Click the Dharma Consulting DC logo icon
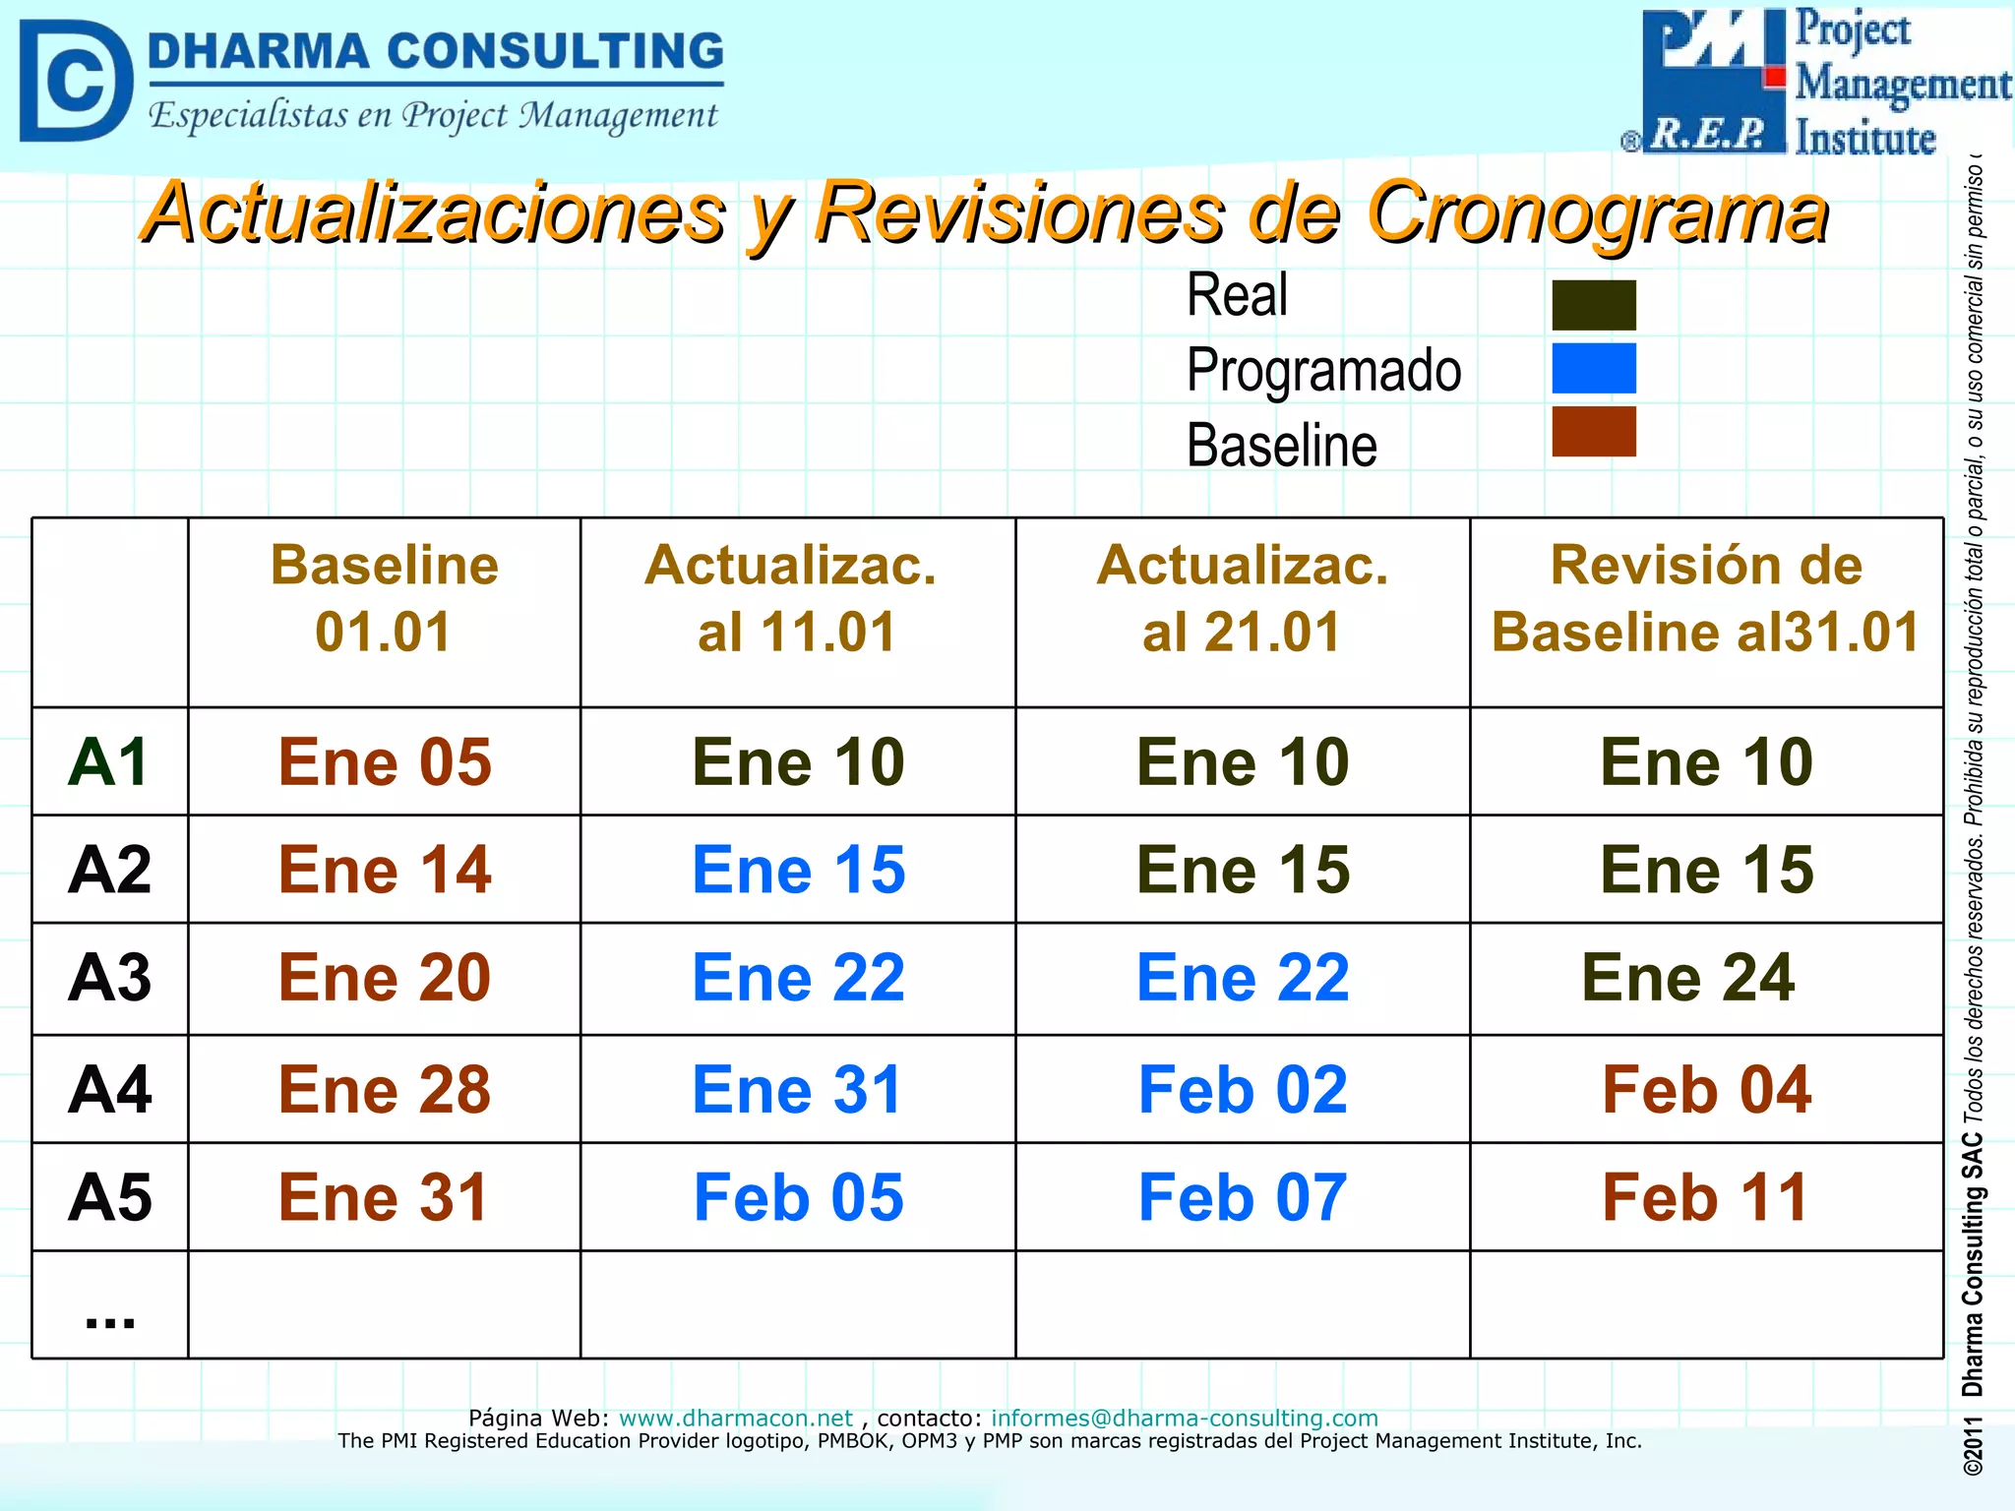click(75, 81)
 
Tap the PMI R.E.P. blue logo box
click(1713, 81)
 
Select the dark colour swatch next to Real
click(1593, 305)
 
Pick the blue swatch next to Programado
click(1593, 368)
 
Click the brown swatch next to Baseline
click(1593, 432)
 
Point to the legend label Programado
click(1323, 371)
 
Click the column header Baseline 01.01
click(384, 598)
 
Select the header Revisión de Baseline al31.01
click(1705, 598)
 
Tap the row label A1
click(108, 762)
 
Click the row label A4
click(109, 1090)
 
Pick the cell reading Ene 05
click(384, 762)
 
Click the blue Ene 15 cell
click(798, 871)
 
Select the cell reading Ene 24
click(1687, 978)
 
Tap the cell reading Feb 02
click(1242, 1090)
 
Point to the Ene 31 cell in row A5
click(384, 1198)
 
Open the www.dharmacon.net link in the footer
click(735, 1418)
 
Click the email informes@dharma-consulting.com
click(1184, 1418)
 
